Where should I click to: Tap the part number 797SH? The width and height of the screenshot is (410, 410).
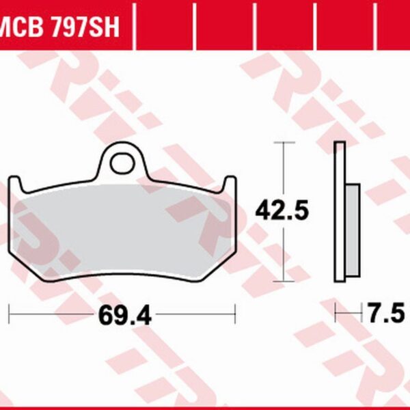tap(87, 28)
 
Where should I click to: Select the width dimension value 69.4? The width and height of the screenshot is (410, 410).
tap(124, 316)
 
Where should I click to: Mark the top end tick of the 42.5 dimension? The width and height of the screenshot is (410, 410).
tap(284, 142)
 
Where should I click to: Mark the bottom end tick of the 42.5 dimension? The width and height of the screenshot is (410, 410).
tap(284, 281)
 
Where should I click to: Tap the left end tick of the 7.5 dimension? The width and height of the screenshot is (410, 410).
tap(336, 314)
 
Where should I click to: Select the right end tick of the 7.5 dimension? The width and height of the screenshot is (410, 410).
tap(359, 314)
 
